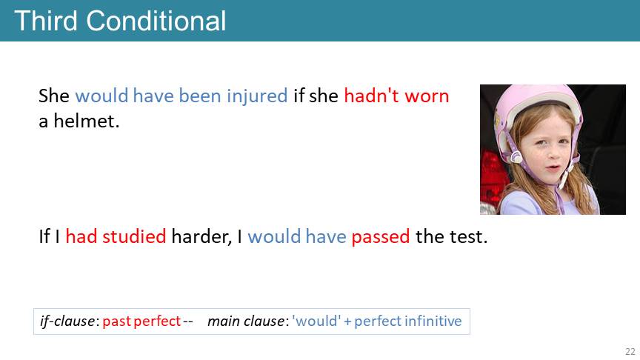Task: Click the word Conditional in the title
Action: pyautogui.click(x=156, y=21)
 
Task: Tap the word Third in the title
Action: pyautogui.click(x=46, y=21)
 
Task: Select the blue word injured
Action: pyautogui.click(x=257, y=97)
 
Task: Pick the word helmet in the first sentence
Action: pyautogui.click(x=87, y=121)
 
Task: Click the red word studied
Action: pyautogui.click(x=134, y=236)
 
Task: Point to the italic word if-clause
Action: pyautogui.click(x=67, y=321)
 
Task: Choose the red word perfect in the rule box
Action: pyautogui.click(x=157, y=321)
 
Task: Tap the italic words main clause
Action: pyautogui.click(x=246, y=321)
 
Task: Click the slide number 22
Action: pyautogui.click(x=630, y=351)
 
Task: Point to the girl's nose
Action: pyautogui.click(x=553, y=154)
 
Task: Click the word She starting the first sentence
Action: pyautogui.click(x=54, y=96)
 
